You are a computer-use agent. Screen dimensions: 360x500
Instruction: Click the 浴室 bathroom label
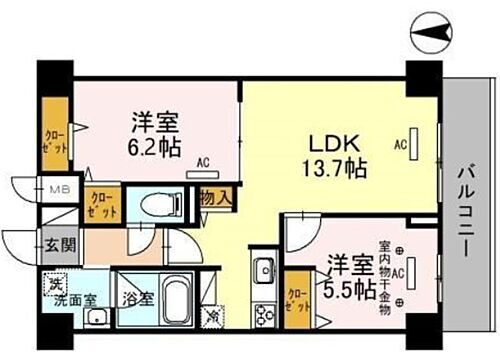tap(139, 298)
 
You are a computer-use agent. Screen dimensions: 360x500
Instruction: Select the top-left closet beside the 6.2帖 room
tap(54, 132)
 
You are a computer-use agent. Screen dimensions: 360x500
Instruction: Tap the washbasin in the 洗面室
tap(95, 318)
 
